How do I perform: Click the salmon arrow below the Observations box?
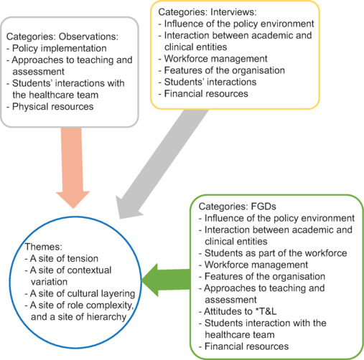(x=73, y=167)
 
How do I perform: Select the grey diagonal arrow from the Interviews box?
(x=162, y=164)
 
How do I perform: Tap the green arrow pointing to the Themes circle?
(x=166, y=280)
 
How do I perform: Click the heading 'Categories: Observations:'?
(x=62, y=37)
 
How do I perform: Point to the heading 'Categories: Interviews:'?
(x=207, y=12)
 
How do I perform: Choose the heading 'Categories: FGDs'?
(x=237, y=207)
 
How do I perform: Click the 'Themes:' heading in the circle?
(x=44, y=247)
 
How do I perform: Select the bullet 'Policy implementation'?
(x=60, y=48)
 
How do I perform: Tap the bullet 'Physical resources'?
(x=53, y=107)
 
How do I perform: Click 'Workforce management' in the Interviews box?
(x=215, y=59)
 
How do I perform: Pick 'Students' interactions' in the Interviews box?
(x=210, y=82)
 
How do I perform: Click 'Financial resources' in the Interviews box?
(x=206, y=94)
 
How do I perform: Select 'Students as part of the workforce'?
(x=276, y=253)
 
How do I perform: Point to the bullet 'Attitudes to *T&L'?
(x=241, y=311)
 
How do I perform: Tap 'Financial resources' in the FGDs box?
(x=246, y=346)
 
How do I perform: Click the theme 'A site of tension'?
(x=64, y=258)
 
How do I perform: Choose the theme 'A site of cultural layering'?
(x=83, y=293)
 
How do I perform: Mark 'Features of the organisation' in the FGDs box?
(x=265, y=276)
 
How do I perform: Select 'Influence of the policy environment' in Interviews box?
(x=239, y=24)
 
